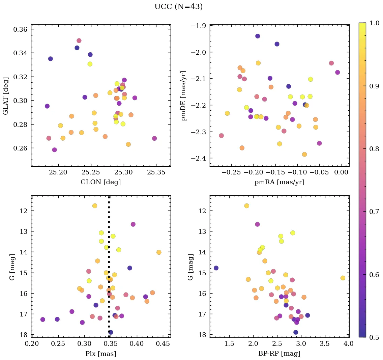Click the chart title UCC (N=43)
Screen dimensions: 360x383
point(178,7)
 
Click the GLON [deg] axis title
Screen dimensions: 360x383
point(100,182)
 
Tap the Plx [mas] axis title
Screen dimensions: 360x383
point(100,354)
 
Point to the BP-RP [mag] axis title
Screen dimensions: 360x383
point(279,354)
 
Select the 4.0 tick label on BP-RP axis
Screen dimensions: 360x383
point(349,344)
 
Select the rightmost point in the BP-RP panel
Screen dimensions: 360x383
point(343,278)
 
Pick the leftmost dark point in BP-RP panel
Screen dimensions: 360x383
point(216,268)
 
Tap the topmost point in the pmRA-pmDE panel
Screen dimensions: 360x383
point(258,36)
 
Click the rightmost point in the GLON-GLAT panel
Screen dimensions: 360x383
point(154,138)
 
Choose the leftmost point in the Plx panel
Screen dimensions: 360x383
point(42,320)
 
